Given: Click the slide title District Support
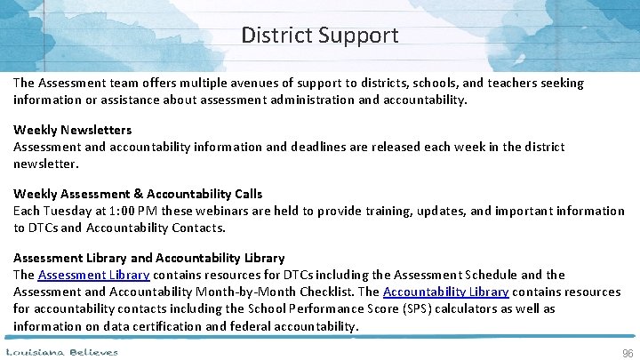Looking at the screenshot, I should coord(320,36).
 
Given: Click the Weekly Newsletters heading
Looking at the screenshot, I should coord(72,130).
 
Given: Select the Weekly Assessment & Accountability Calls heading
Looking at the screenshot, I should coord(138,194).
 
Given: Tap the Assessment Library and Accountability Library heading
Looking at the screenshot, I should coord(148,258).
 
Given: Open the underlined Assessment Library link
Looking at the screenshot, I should coord(94,275).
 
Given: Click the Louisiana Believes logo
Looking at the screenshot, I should coord(62,352).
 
